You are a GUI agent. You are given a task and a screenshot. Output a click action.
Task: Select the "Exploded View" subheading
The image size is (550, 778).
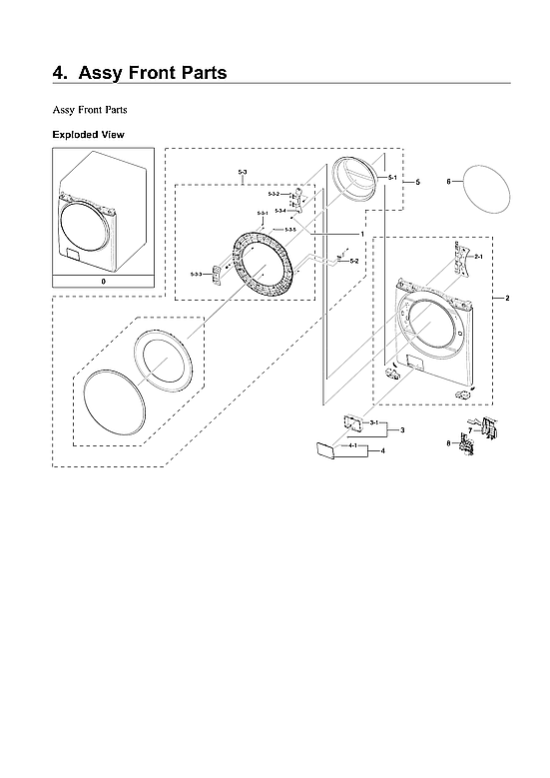click(x=88, y=134)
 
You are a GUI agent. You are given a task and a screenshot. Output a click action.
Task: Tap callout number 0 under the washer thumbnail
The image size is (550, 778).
click(x=103, y=282)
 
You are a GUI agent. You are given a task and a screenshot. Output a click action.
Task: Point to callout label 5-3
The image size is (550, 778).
click(x=243, y=174)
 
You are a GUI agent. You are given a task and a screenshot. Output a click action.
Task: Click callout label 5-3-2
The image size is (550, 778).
click(x=274, y=193)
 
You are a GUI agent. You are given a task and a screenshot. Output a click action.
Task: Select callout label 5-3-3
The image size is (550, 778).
click(x=197, y=274)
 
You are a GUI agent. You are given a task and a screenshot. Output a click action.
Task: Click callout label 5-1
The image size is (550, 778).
click(x=392, y=178)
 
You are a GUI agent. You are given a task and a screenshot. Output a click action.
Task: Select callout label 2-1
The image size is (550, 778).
click(x=478, y=258)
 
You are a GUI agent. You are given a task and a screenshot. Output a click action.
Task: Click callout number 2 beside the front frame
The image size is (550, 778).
click(x=507, y=300)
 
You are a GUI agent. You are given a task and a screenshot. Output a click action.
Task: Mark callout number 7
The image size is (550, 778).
click(x=469, y=429)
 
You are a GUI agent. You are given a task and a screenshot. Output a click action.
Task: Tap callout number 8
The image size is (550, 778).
click(x=449, y=442)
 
